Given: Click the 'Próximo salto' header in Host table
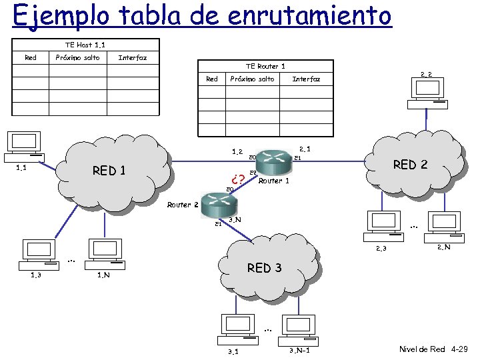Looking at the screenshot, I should [77, 58].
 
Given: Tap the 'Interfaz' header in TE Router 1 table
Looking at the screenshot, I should [306, 79].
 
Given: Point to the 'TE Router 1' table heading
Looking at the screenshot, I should [265, 66].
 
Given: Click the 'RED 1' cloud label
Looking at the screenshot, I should [109, 171].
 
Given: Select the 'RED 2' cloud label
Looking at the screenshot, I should [410, 165].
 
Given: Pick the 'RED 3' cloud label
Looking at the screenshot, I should [264, 268].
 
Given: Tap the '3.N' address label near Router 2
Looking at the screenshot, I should [234, 220].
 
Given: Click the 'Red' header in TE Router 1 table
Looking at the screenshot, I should [211, 79].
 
